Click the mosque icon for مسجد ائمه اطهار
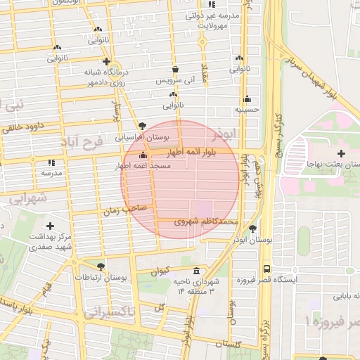pos(143,155)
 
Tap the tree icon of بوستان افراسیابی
pos(143,124)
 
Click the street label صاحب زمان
pos(124,210)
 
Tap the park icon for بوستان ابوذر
pos(252,229)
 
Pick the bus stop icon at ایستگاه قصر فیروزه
pos(266,269)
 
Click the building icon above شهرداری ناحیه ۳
pos(195,271)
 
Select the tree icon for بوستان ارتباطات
pos(101,266)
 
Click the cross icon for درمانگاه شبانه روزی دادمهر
pos(105,61)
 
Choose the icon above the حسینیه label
pos(247,99)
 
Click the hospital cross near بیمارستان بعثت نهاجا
pos(342,153)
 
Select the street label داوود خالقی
pos(24,127)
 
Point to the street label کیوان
pos(160,271)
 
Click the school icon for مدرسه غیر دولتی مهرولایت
pos(232,6)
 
